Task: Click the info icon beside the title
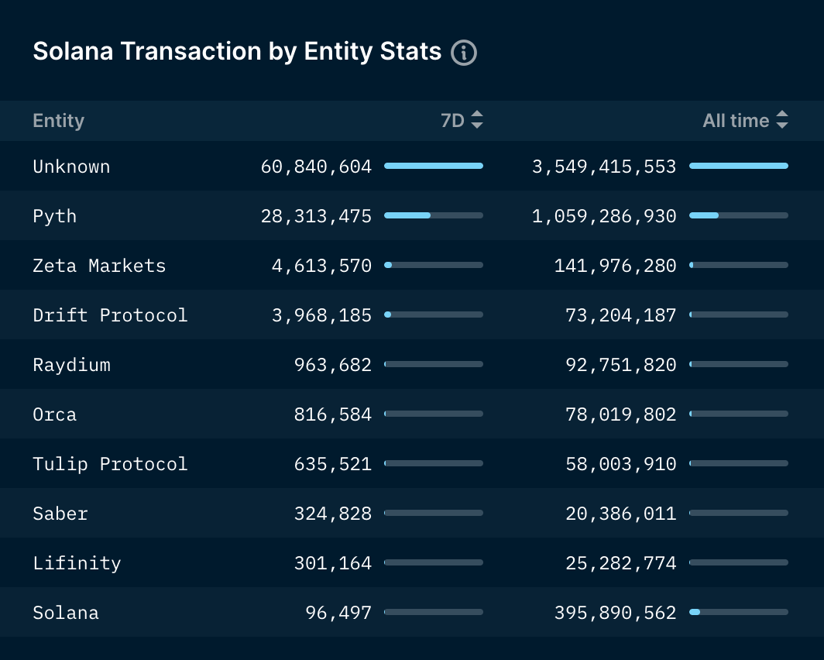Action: pyautogui.click(x=463, y=53)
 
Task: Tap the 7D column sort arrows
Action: pyautogui.click(x=476, y=120)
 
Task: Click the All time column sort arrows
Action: pyautogui.click(x=782, y=120)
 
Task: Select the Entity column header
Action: pyautogui.click(x=58, y=121)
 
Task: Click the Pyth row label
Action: pyautogui.click(x=55, y=216)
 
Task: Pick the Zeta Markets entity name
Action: pyautogui.click(x=99, y=266)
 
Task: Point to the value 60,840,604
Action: pyautogui.click(x=316, y=167)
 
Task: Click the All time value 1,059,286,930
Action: pyautogui.click(x=604, y=216)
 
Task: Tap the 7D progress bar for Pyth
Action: pyautogui.click(x=434, y=215)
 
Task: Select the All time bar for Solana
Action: pyautogui.click(x=739, y=612)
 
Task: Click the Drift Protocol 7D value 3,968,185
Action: pyautogui.click(x=321, y=315)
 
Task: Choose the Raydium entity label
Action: pyautogui.click(x=71, y=365)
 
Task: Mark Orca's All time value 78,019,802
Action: pyautogui.click(x=620, y=414)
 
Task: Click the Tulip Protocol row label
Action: pyautogui.click(x=110, y=465)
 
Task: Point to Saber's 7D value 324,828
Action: pyautogui.click(x=333, y=514)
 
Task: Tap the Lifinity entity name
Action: pyautogui.click(x=77, y=563)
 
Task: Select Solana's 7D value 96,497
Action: pyautogui.click(x=338, y=613)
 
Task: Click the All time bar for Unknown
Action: pyautogui.click(x=739, y=166)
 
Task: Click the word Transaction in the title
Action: pyautogui.click(x=191, y=51)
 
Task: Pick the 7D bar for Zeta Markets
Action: pyautogui.click(x=434, y=266)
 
